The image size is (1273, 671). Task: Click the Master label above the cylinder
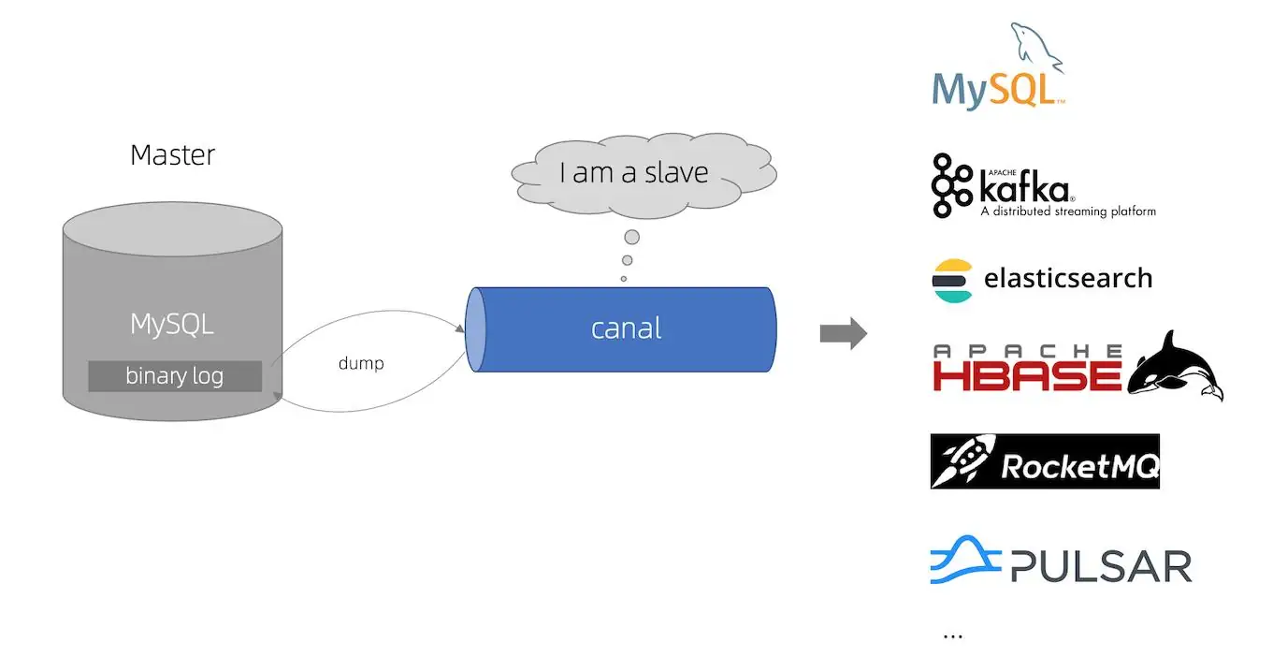tap(172, 154)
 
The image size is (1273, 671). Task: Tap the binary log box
tap(174, 376)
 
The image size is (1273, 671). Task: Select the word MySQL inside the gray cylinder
tap(172, 325)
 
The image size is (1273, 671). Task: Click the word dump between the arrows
tap(361, 363)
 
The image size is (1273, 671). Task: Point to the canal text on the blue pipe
tap(626, 328)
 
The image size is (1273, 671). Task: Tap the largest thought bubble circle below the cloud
tap(631, 237)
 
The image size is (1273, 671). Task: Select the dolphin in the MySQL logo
tap(1035, 48)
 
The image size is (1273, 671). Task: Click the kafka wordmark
tap(1023, 189)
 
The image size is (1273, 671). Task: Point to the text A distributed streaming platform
tap(1067, 212)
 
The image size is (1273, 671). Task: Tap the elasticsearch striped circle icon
tap(952, 280)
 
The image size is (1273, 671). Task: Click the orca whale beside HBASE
tap(1176, 365)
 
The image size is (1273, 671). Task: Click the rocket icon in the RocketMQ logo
tap(963, 461)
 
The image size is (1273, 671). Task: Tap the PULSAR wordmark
tap(1102, 566)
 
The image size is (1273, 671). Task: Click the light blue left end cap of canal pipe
tap(476, 329)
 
